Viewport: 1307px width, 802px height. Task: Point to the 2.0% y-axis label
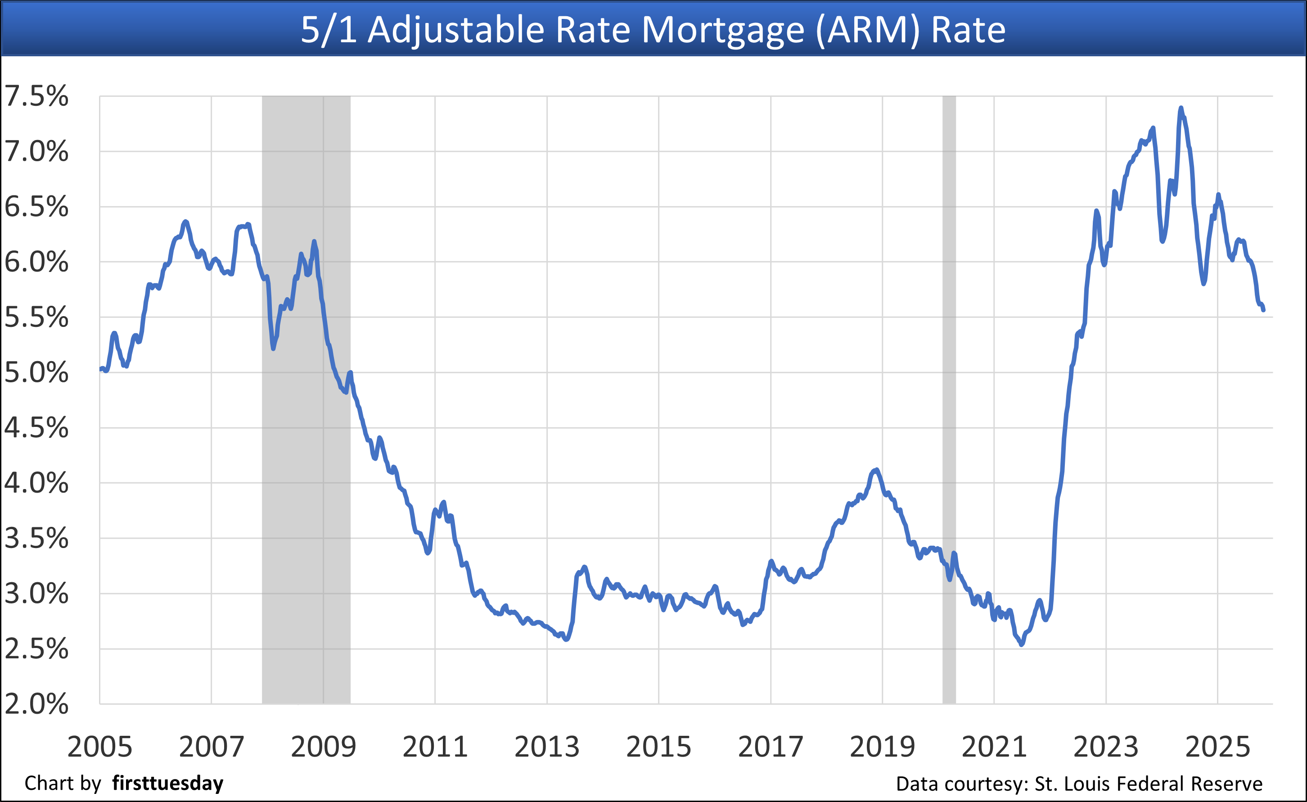click(36, 704)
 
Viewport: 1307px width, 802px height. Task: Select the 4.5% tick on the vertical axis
click(36, 427)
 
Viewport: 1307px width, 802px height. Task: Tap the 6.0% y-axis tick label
click(36, 262)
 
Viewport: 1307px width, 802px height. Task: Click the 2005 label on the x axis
click(100, 747)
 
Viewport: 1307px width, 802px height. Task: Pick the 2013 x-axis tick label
click(547, 747)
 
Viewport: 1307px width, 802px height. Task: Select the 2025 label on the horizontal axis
click(1218, 747)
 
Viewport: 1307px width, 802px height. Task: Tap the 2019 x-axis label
click(883, 747)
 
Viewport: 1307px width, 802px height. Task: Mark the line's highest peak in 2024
click(1181, 108)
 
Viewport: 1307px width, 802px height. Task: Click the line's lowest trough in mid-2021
click(1022, 645)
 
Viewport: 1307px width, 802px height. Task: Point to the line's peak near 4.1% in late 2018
click(876, 469)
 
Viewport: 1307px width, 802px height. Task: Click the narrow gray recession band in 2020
click(949, 398)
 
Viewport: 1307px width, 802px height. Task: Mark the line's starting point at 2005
click(101, 369)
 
